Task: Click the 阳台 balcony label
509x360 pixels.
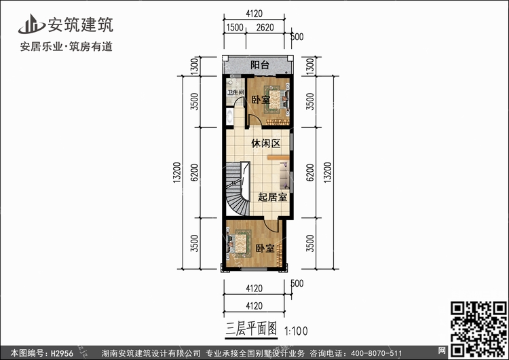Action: [x=259, y=66]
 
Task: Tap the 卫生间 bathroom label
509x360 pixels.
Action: [x=235, y=92]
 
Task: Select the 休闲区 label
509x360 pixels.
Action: [x=265, y=144]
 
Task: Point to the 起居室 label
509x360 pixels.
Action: [x=272, y=198]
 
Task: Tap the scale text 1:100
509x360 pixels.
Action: [x=297, y=331]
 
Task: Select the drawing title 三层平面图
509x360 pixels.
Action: [x=251, y=329]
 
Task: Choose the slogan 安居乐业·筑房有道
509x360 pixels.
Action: [x=67, y=47]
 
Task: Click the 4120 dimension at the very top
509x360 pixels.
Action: [x=255, y=13]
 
